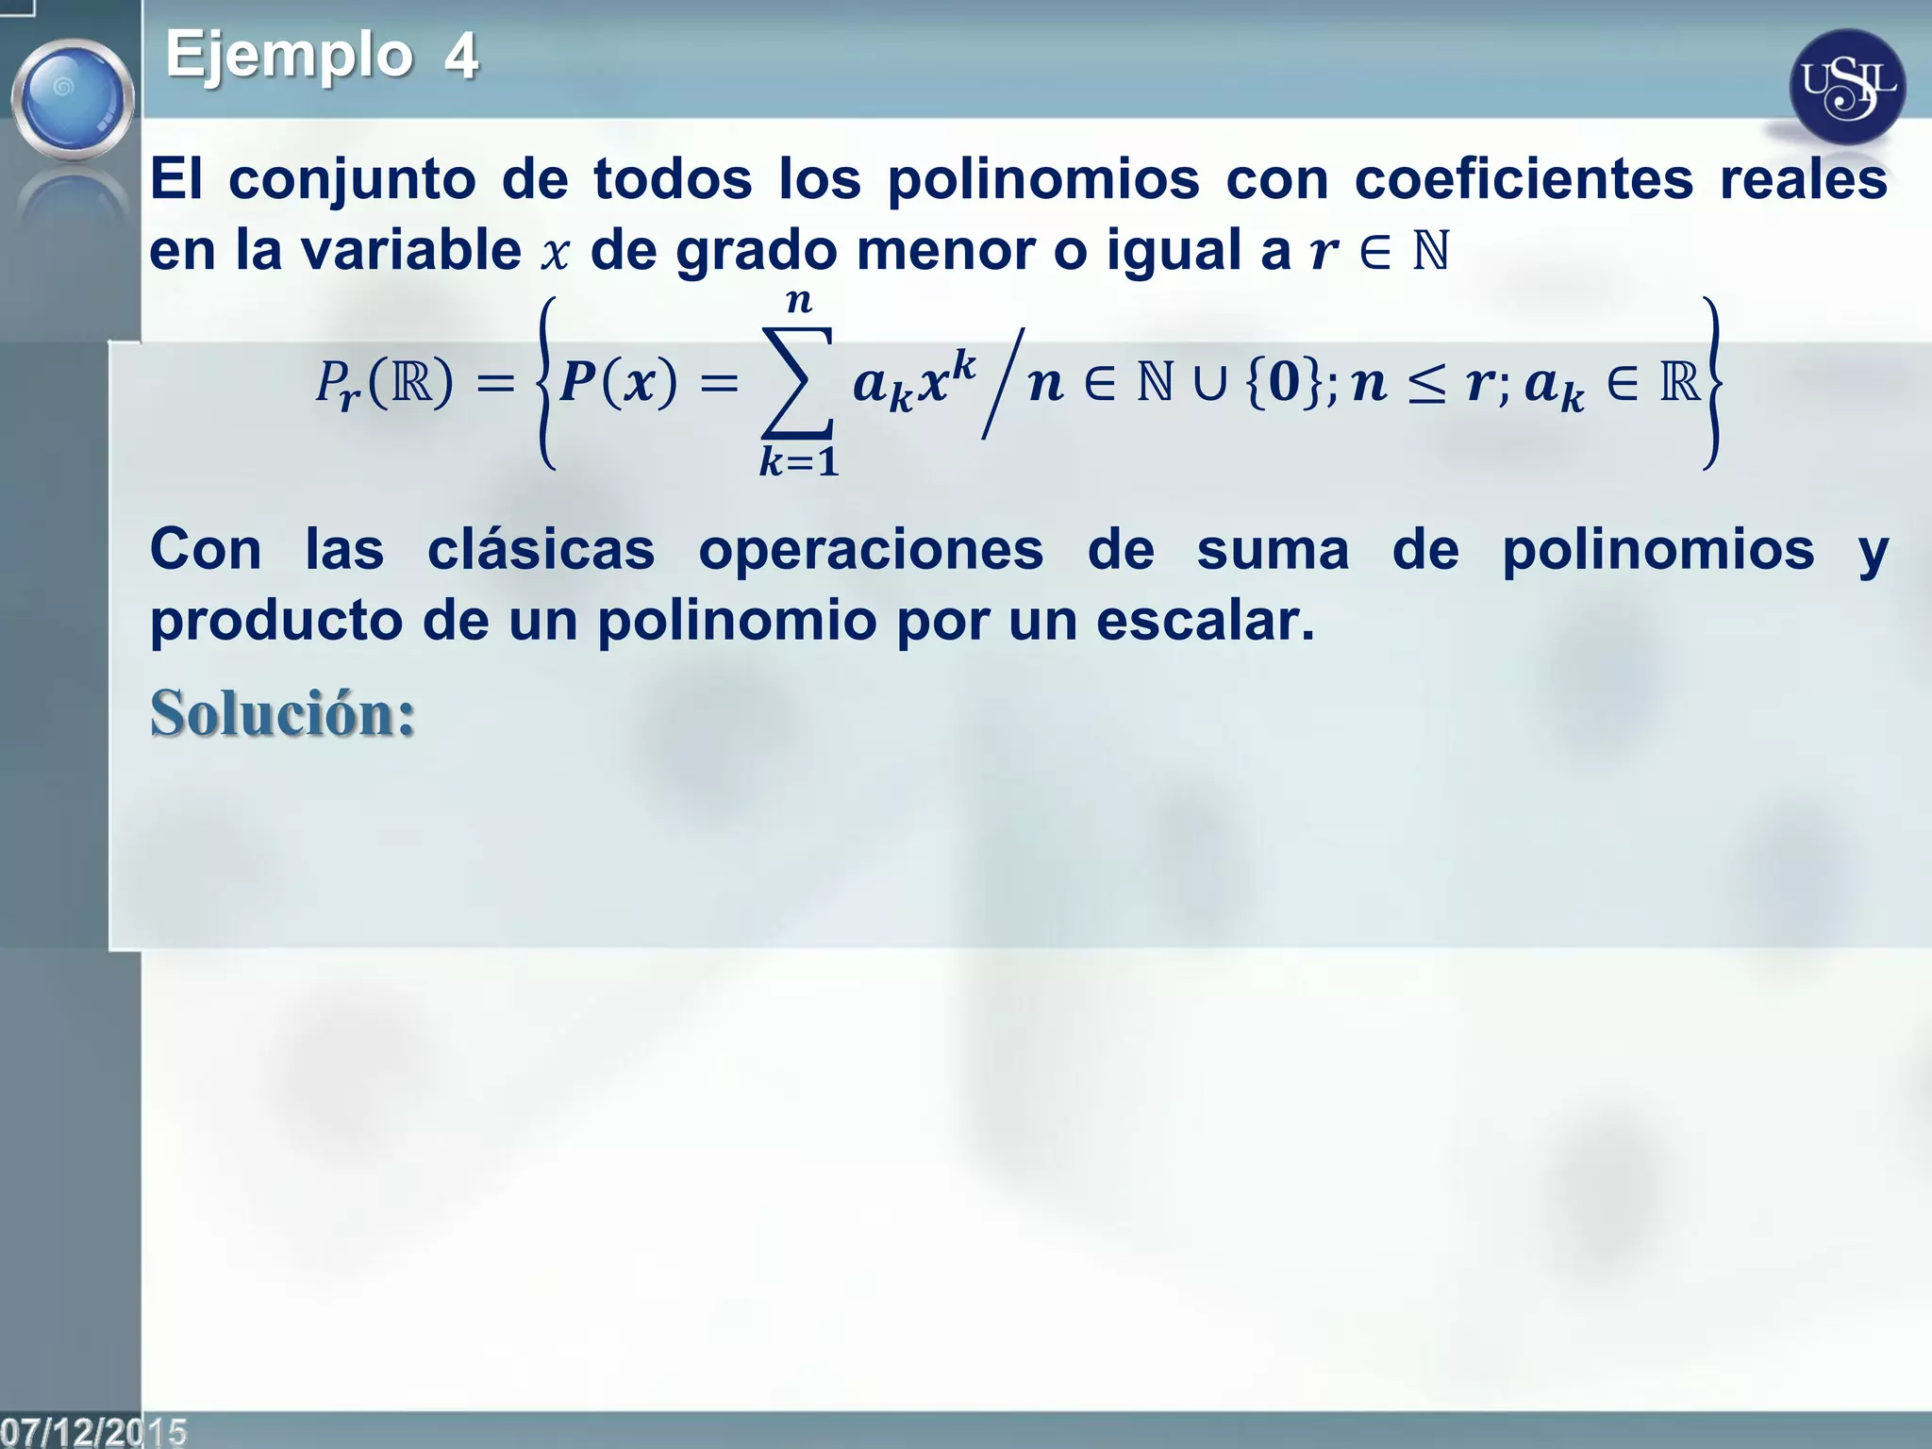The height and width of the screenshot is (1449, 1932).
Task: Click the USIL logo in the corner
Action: coord(1847,87)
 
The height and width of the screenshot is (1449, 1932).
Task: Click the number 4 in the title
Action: coord(460,56)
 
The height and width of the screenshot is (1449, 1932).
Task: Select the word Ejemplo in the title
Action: coord(289,54)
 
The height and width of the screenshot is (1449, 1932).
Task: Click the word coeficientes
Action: coord(1524,179)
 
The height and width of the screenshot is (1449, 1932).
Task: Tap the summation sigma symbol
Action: coord(798,382)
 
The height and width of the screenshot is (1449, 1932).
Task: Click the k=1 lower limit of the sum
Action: coord(798,462)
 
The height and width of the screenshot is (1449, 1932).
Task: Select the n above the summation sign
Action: coord(799,301)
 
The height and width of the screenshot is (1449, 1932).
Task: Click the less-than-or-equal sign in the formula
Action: coord(1426,385)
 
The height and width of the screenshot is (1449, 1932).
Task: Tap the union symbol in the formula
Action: coord(1209,384)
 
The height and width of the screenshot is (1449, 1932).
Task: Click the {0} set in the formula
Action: coord(1283,383)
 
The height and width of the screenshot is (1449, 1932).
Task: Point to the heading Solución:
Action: coord(282,713)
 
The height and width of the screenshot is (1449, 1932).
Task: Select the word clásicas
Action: coord(541,549)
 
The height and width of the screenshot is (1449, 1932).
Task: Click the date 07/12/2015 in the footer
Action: coord(93,1431)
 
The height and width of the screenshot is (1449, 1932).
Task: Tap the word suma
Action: coord(1273,549)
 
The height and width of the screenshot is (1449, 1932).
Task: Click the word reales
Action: coord(1803,179)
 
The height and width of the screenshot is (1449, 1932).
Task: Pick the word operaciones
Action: coord(871,551)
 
